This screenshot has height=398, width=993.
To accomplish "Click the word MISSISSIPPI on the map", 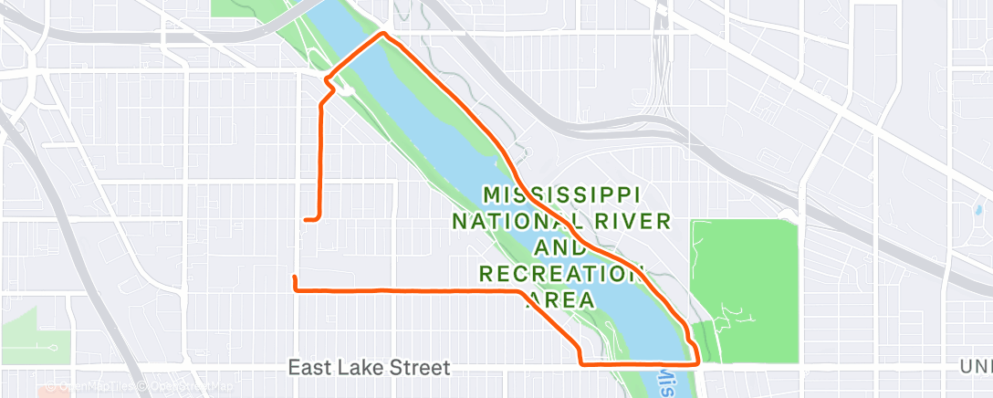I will click(561, 194).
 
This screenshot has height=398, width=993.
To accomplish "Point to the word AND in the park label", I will click(561, 247).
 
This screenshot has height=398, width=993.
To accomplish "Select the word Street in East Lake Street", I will click(419, 368).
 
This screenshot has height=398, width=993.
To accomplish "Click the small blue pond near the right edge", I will click(980, 210).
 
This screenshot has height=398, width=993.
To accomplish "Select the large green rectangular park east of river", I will click(744, 274).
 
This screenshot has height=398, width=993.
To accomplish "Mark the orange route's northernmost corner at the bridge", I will click(383, 35).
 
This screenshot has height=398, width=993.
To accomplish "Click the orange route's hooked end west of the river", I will click(307, 219).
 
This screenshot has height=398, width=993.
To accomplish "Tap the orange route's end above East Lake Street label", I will click(294, 278).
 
